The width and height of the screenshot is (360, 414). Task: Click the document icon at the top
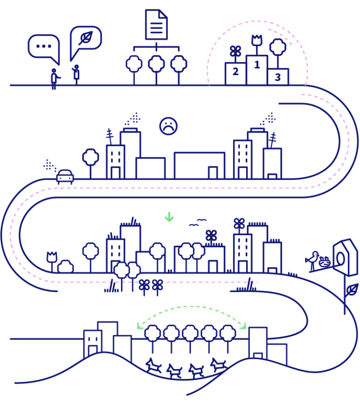pos(156,24)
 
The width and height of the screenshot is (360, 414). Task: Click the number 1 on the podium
pos(257,65)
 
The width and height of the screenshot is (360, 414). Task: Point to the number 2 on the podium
pos(235,72)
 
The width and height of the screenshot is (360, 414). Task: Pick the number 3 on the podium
pos(277,77)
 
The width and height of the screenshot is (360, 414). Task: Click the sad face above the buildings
pos(168,126)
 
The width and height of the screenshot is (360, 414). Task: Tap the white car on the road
pos(65,176)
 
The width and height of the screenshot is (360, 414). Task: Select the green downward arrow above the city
pos(169,217)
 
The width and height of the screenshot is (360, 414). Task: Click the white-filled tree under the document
pos(134,64)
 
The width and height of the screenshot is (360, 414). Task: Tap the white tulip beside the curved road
pos(52,257)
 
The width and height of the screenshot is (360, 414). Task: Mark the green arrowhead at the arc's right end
pos(243,326)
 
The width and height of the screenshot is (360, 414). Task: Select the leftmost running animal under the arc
pos(153,366)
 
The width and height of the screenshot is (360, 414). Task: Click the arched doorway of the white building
pos(93,351)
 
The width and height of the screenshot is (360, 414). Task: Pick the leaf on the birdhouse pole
pos(352,290)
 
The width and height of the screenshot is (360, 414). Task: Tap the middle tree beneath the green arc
pos(190,333)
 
